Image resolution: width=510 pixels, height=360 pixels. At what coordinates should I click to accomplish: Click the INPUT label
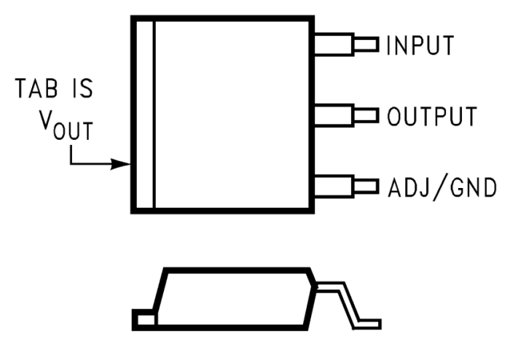(420, 45)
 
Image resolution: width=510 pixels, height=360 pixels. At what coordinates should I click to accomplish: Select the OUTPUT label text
(432, 116)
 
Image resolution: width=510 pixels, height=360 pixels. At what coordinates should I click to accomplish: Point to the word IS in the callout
(80, 92)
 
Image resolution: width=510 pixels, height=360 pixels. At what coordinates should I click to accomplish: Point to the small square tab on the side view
(144, 318)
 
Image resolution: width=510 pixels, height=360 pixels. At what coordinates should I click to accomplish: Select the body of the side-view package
(233, 299)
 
